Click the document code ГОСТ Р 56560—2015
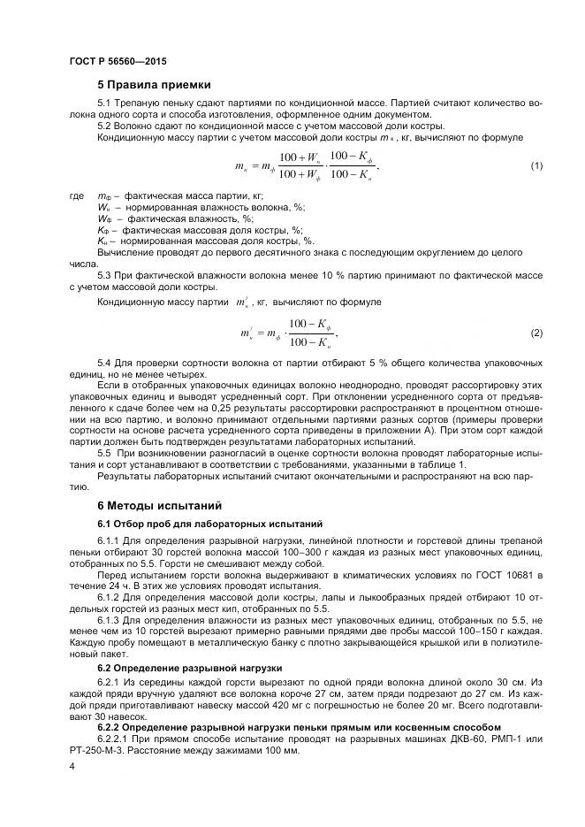117,61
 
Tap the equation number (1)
536,166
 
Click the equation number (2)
536,333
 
